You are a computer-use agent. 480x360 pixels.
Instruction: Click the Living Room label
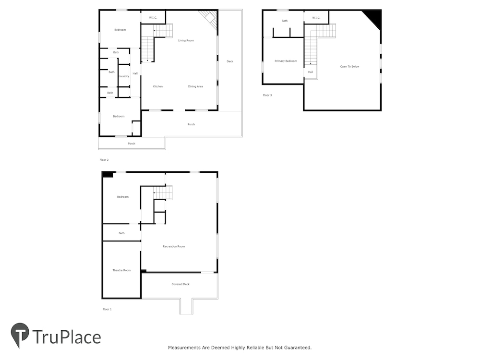pos(186,40)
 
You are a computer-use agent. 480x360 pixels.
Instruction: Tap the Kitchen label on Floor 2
pos(157,86)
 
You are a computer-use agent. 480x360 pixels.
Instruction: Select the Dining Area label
pos(195,86)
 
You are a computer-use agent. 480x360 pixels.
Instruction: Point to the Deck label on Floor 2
pos(230,61)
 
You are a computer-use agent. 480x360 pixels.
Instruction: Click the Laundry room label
pos(124,76)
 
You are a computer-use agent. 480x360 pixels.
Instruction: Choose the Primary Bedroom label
pos(286,61)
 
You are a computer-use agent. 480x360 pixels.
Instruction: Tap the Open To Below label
pos(349,66)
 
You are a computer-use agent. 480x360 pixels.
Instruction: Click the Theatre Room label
pos(121,270)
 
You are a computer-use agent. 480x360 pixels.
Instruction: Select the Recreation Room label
pos(174,246)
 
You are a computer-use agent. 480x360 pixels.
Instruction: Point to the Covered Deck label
pos(180,284)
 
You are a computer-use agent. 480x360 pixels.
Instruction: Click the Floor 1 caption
pos(107,309)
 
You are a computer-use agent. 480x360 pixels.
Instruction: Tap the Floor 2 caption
pos(104,160)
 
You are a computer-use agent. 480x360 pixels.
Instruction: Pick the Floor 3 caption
pos(267,95)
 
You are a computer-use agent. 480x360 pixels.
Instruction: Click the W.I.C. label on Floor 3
pos(316,18)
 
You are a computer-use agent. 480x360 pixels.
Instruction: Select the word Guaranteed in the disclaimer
pos(298,348)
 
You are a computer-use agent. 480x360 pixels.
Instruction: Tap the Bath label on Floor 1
pos(121,233)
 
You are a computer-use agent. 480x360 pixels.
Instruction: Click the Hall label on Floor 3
pos(311,72)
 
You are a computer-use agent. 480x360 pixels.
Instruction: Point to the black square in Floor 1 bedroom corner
pos(108,175)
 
